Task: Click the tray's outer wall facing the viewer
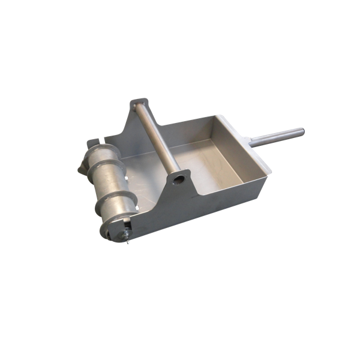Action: [x=228, y=192]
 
